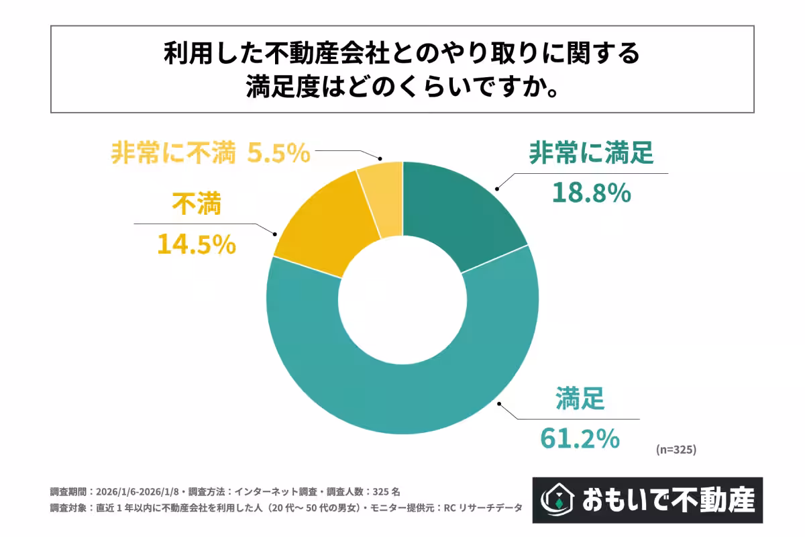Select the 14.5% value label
[x=197, y=244]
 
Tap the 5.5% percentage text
[x=278, y=154]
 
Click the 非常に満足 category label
[x=591, y=154]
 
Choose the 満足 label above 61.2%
[x=580, y=400]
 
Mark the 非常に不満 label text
[x=172, y=154]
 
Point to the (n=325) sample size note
[x=676, y=450]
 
